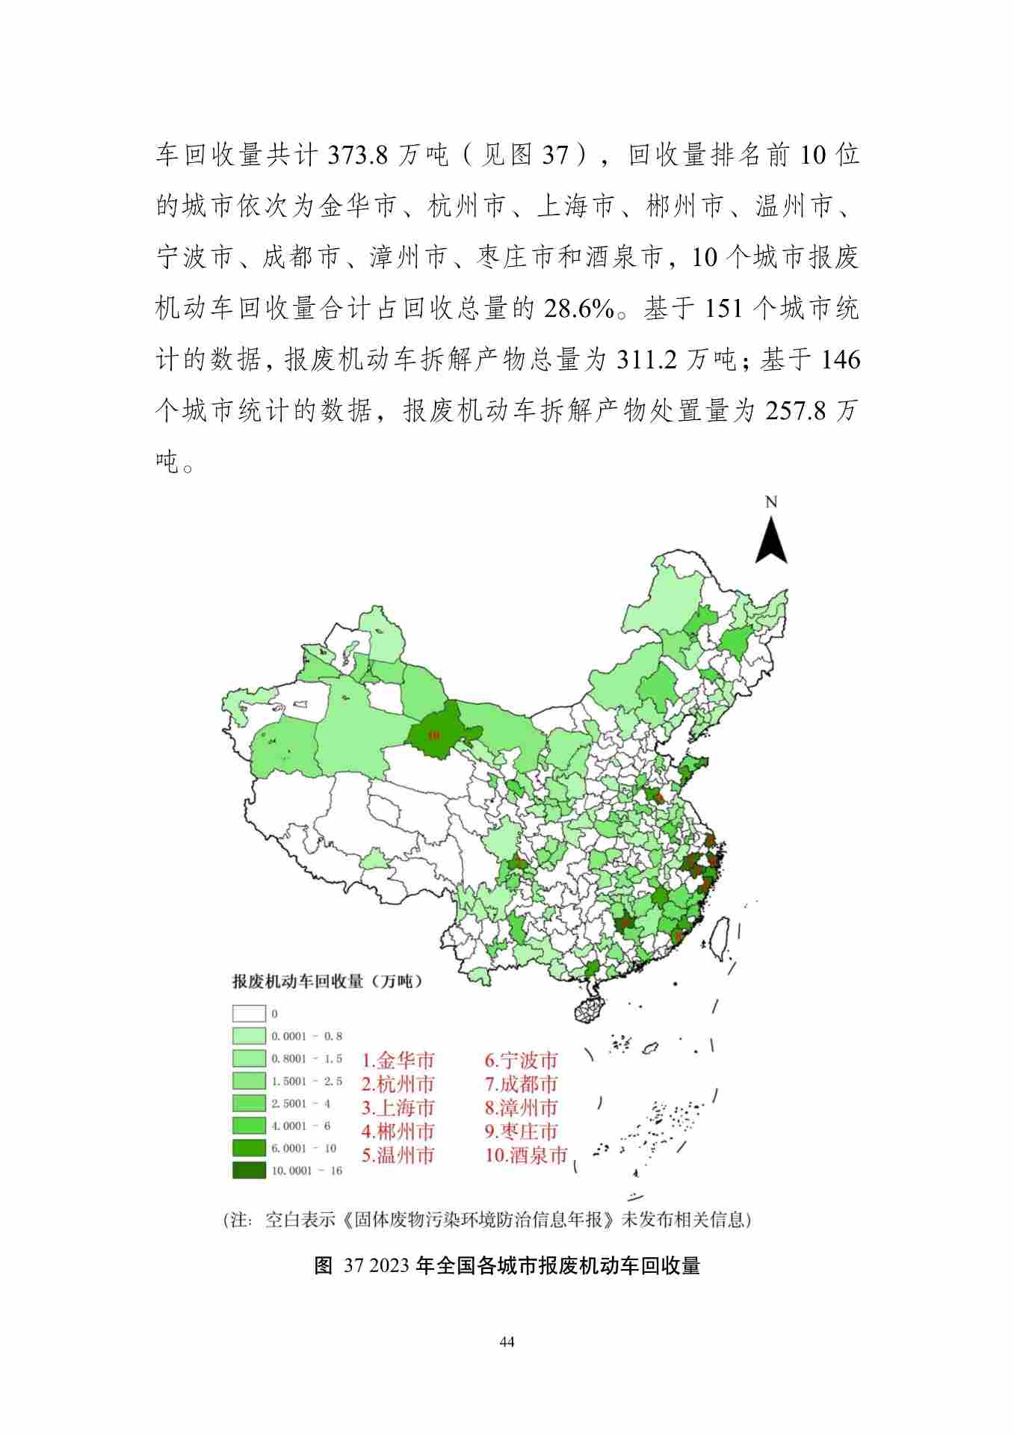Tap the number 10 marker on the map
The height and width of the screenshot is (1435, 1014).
[433, 735]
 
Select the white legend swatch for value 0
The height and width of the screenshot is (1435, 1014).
[249, 1014]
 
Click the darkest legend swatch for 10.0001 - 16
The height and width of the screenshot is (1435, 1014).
[249, 1170]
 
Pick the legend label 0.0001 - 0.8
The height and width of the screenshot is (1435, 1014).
[306, 1037]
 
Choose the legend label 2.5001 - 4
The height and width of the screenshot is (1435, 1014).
[300, 1103]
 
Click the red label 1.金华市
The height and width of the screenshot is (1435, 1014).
[398, 1060]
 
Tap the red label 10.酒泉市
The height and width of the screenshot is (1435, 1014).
[526, 1155]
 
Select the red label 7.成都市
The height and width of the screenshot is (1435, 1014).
[521, 1084]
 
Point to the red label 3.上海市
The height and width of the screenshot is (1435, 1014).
[398, 1108]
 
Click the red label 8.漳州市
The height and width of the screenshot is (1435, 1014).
[521, 1108]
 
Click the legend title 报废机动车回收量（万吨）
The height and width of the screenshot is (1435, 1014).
[327, 981]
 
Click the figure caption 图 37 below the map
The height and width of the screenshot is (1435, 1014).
[507, 1265]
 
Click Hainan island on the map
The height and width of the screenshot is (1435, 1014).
[590, 1007]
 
